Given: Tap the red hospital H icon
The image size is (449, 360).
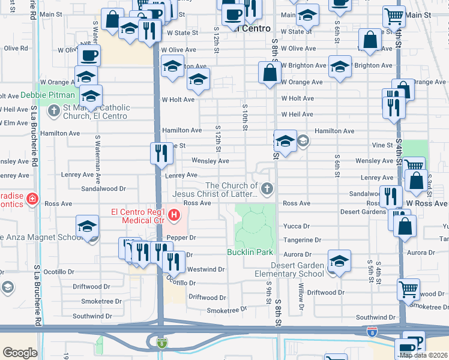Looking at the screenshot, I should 174,214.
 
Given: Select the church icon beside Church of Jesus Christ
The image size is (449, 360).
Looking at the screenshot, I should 267,190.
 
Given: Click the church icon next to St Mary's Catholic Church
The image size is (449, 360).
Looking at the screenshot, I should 54,110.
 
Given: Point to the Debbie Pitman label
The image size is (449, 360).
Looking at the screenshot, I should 48,95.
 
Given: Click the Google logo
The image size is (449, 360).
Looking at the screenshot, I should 20,352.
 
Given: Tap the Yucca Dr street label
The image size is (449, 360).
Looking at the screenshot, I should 297,226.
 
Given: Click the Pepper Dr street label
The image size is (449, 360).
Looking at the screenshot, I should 182,238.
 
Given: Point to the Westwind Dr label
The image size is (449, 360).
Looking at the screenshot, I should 206,269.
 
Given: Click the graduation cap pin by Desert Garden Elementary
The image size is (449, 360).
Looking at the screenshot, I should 339,261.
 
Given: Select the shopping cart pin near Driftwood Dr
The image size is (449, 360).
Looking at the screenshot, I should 408,289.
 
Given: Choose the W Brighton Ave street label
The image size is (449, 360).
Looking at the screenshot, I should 304,65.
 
